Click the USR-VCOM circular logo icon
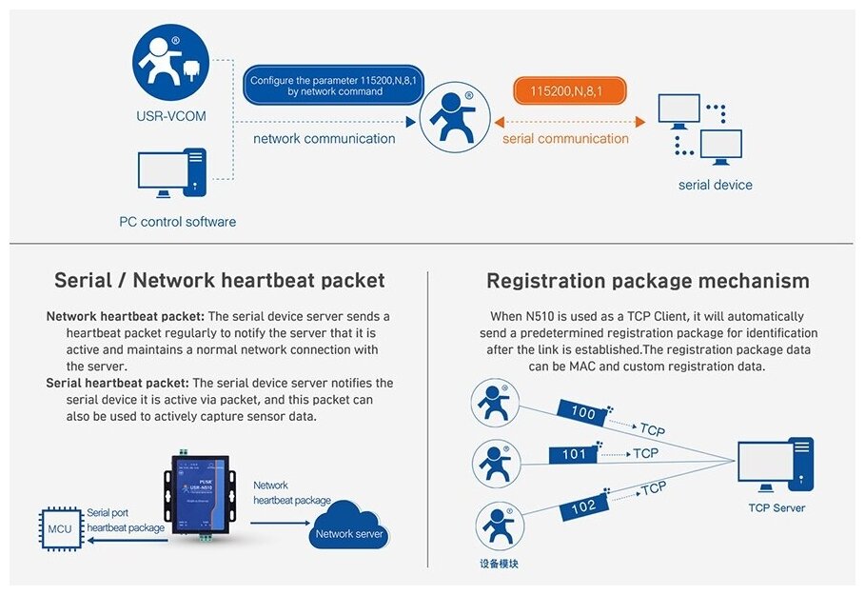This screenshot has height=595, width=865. (171, 63)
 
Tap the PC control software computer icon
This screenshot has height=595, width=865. (172, 172)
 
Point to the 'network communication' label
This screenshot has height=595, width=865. (324, 139)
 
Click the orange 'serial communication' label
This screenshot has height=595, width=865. (565, 139)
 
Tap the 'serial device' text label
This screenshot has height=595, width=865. (715, 185)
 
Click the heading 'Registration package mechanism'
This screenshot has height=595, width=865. (648, 281)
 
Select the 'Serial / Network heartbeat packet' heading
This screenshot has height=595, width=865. (220, 280)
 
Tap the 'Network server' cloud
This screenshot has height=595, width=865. (349, 531)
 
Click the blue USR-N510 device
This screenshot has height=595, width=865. (201, 496)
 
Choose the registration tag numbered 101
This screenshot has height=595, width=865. (574, 454)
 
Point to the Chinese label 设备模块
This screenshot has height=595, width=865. (499, 565)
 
